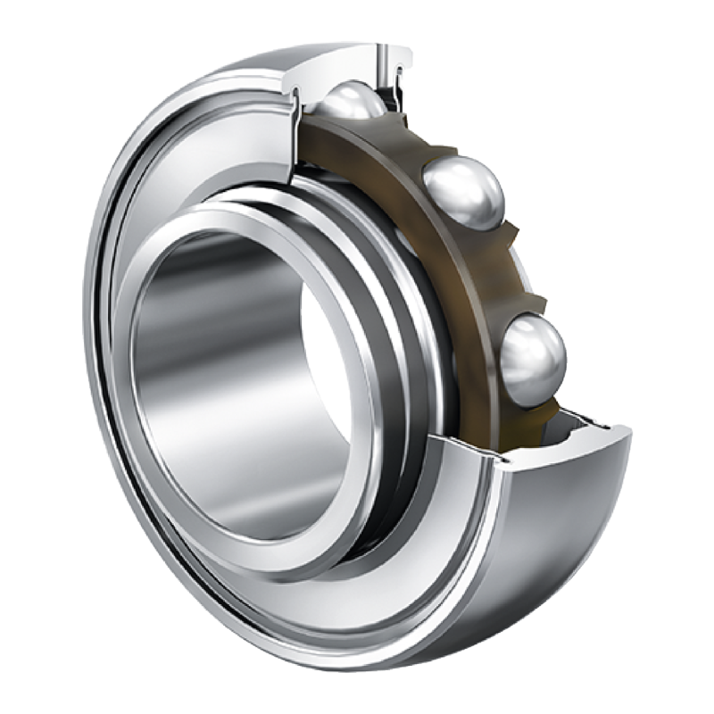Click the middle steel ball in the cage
tap(463, 192)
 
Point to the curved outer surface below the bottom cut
tap(553, 535)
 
